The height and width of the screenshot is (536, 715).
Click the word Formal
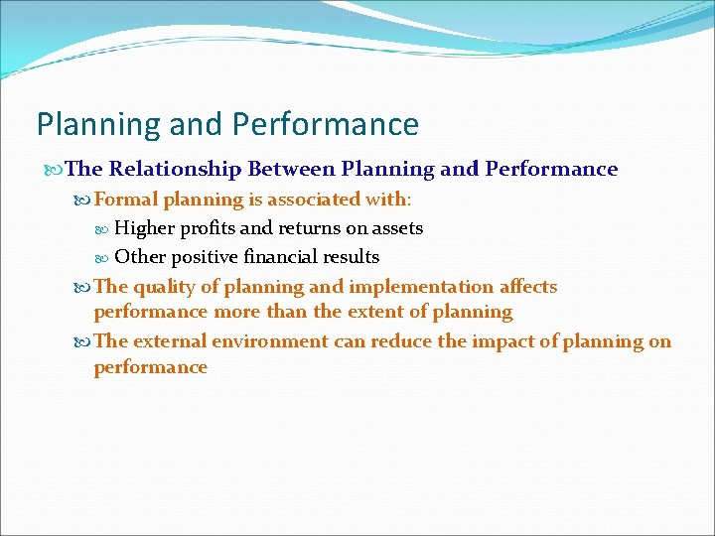[x=126, y=200]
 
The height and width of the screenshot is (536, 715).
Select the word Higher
[x=144, y=228]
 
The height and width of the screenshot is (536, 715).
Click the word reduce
[x=402, y=341]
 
